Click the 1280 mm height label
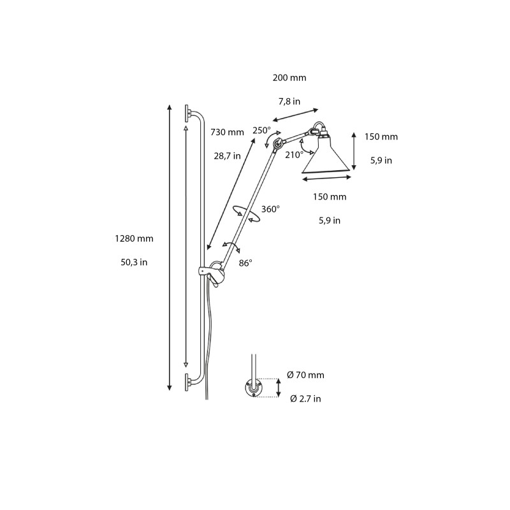[x=134, y=238]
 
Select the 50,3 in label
[x=134, y=262]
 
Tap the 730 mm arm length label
[x=227, y=133]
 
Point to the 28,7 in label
[x=227, y=156]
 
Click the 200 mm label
[x=289, y=78]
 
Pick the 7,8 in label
[x=289, y=101]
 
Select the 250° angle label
[x=261, y=130]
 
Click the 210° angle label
[x=294, y=154]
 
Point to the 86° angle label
[x=245, y=262]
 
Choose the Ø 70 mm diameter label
[x=306, y=375]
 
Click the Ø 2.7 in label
[x=305, y=398]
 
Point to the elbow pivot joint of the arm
[x=277, y=145]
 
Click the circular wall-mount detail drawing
[x=254, y=387]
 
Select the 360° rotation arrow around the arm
[x=247, y=214]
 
